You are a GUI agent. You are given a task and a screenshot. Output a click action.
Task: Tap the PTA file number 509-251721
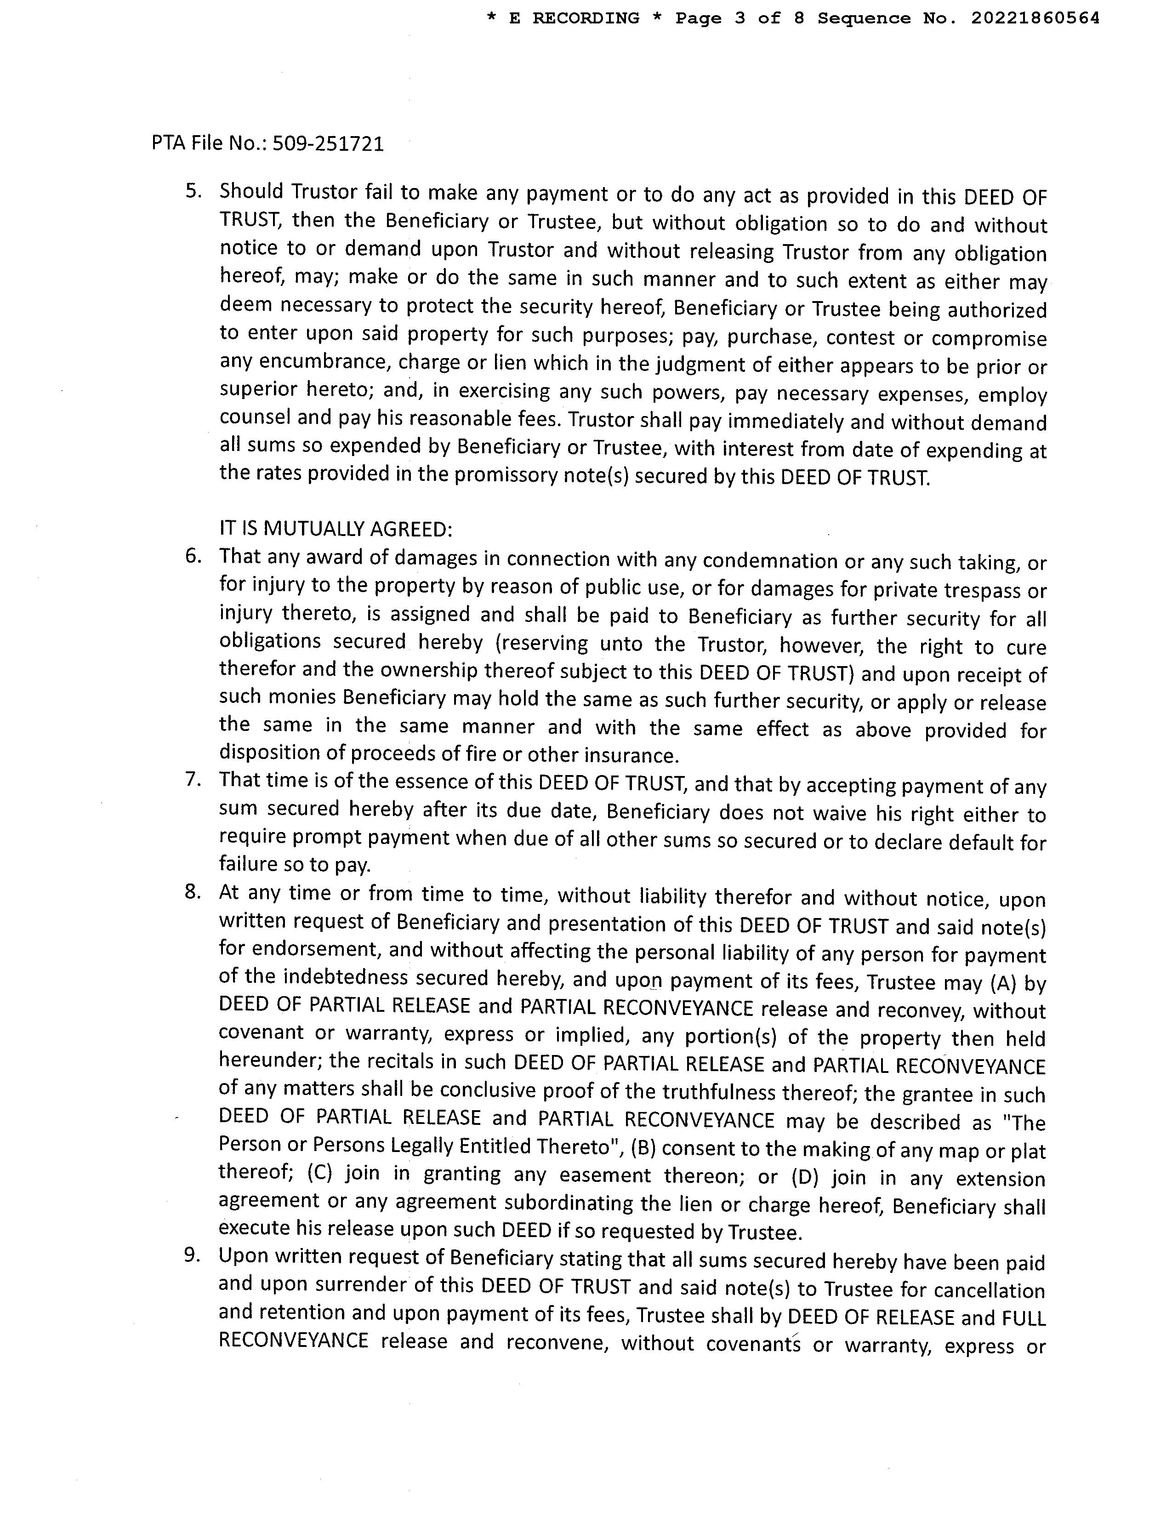328,144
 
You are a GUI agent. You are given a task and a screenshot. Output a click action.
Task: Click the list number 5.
192,191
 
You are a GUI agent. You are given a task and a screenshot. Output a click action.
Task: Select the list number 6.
192,556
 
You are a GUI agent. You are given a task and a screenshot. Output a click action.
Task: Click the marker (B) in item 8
643,1147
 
